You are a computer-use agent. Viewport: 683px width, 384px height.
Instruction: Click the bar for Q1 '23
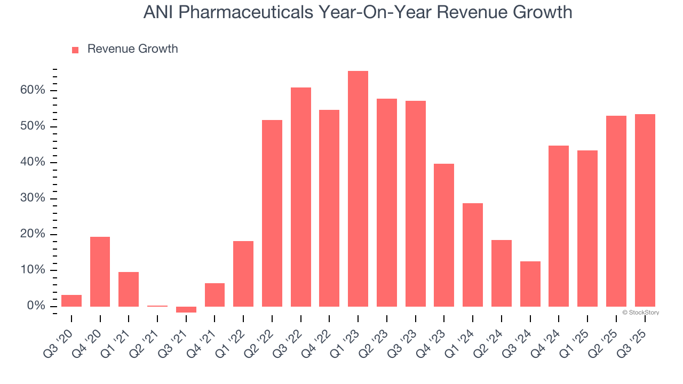[x=358, y=189]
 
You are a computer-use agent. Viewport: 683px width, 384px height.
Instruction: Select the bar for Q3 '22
[x=301, y=197]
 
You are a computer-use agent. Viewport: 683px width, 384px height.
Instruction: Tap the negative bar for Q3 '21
[x=186, y=309]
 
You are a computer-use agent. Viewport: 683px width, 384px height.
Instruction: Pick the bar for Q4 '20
[x=100, y=271]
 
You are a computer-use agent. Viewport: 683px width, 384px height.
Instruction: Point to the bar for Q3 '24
[x=530, y=284]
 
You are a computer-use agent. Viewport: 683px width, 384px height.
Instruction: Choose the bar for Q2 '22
[x=272, y=213]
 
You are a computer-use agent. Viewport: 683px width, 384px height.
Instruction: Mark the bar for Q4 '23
[x=444, y=235]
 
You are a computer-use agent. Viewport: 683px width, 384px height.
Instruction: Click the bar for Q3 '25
[x=645, y=210]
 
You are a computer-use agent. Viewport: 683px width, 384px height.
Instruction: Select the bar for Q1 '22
[x=243, y=274]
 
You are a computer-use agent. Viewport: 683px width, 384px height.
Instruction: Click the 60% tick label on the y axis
[x=33, y=90]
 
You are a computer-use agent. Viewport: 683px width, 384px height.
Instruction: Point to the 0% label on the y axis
[x=36, y=306]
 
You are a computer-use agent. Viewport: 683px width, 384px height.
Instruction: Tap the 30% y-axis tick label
[x=33, y=198]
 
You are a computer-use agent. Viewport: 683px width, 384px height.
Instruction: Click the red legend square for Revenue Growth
[x=75, y=50]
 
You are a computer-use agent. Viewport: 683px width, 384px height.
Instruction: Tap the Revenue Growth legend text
[x=132, y=49]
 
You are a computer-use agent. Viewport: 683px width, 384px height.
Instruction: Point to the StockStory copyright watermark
[x=641, y=313]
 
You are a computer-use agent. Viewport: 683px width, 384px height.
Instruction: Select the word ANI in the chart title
[x=159, y=12]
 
